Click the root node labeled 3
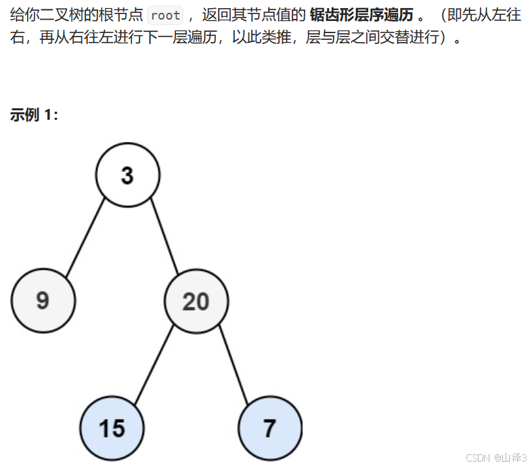coord(127,175)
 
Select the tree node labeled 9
coord(43,300)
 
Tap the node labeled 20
coord(196,301)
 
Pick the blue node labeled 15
coord(112,428)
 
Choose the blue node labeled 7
coord(269,428)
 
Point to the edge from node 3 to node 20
coord(163,235)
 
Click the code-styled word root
coord(165,16)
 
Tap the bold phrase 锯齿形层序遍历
coord(361,16)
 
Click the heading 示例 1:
coord(34,114)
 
